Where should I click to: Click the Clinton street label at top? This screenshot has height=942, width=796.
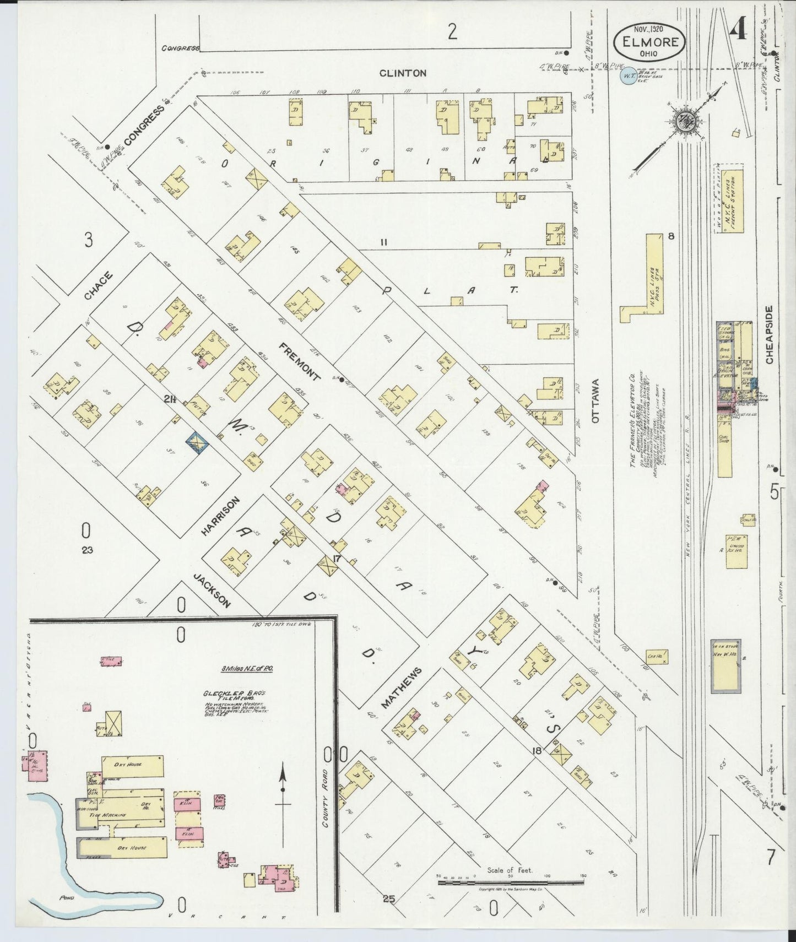403,73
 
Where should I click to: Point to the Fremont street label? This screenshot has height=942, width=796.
299,362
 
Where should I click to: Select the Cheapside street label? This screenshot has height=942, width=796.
769,334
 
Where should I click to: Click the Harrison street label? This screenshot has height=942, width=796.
220,516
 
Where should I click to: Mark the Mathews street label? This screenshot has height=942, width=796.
402,687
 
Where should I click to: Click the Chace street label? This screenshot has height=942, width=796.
99,285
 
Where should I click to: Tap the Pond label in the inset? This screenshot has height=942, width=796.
67,897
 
